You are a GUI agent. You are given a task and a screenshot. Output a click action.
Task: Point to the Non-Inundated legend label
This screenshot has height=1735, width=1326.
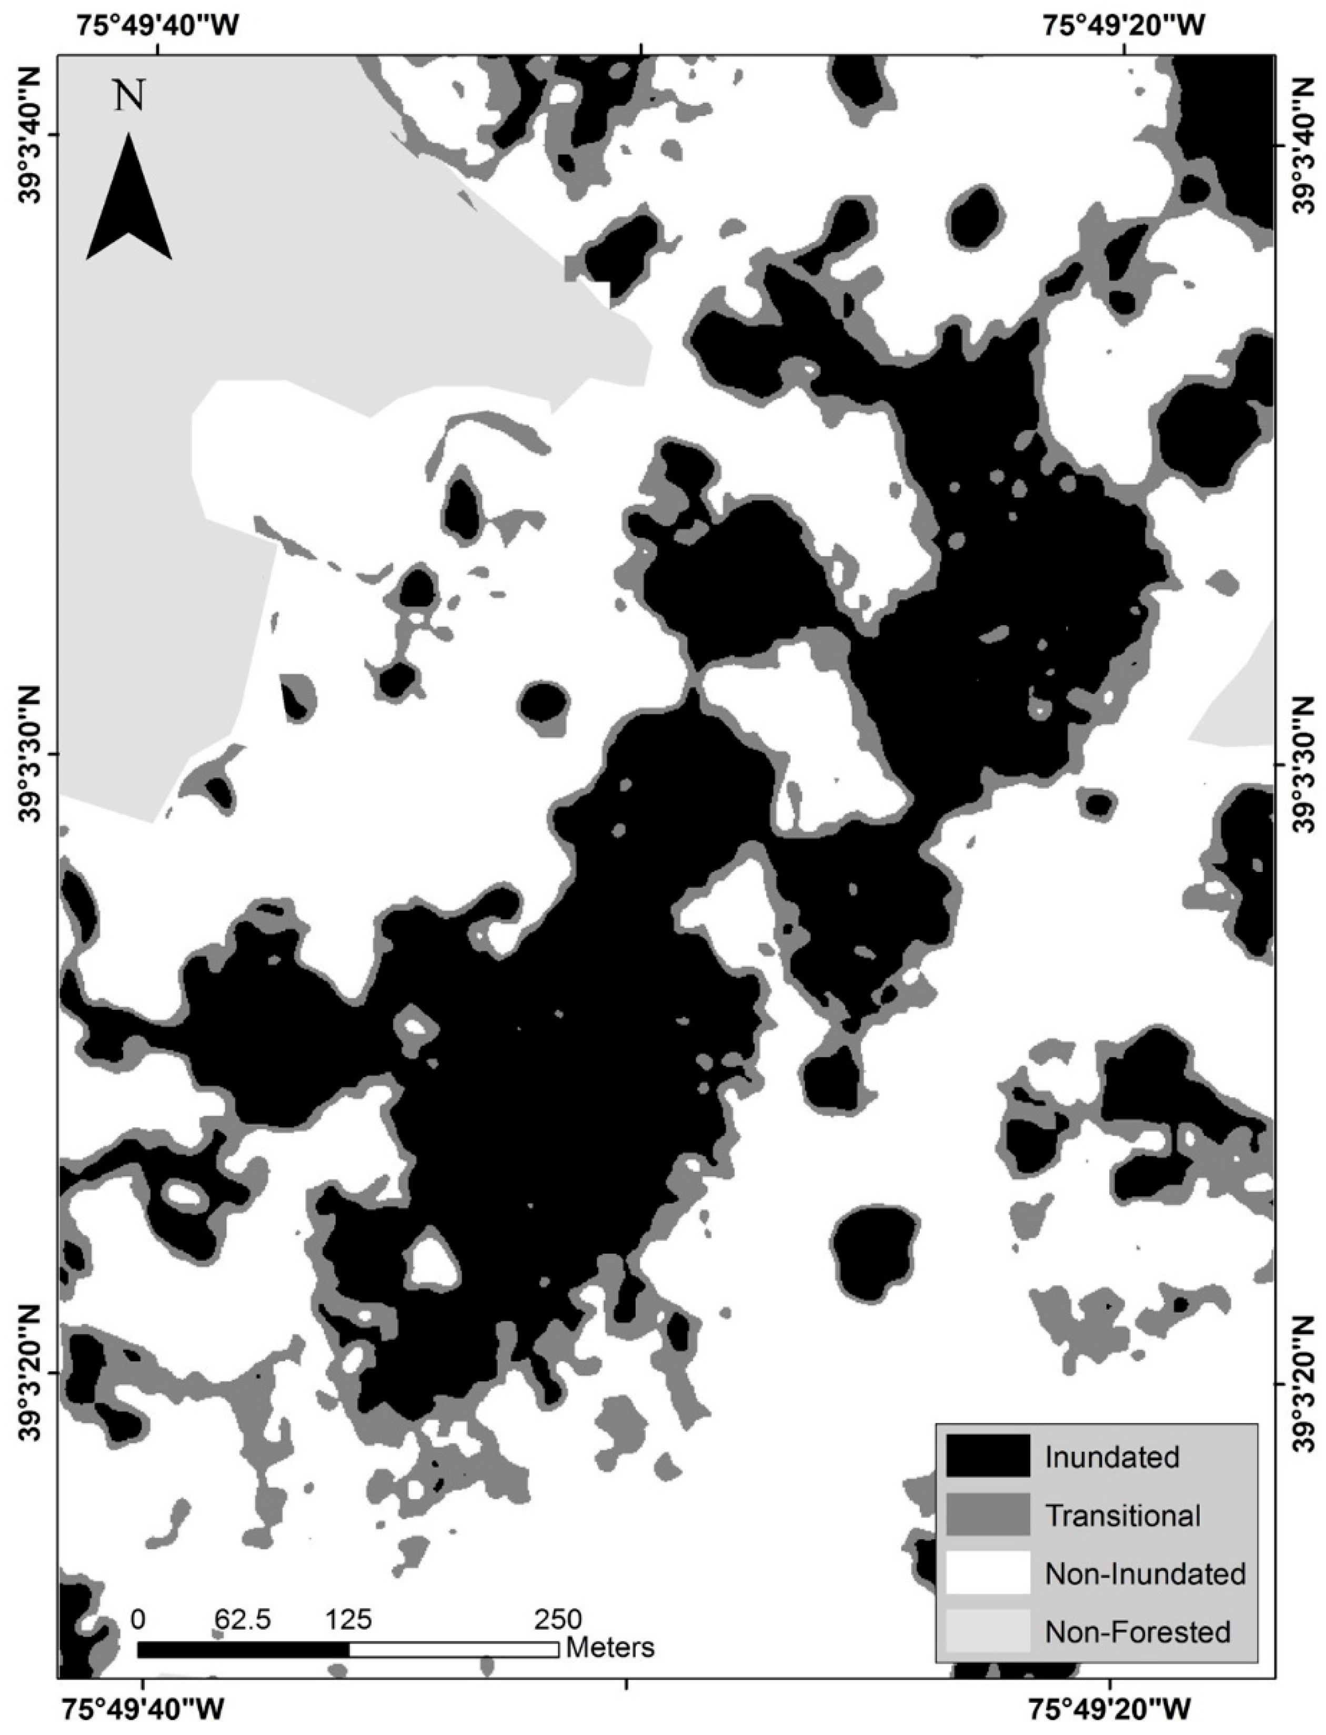click(1144, 1574)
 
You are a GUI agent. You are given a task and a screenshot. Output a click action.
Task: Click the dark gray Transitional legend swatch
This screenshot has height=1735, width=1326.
click(987, 1514)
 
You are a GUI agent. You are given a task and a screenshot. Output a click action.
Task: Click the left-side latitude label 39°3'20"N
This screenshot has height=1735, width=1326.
click(30, 1372)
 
